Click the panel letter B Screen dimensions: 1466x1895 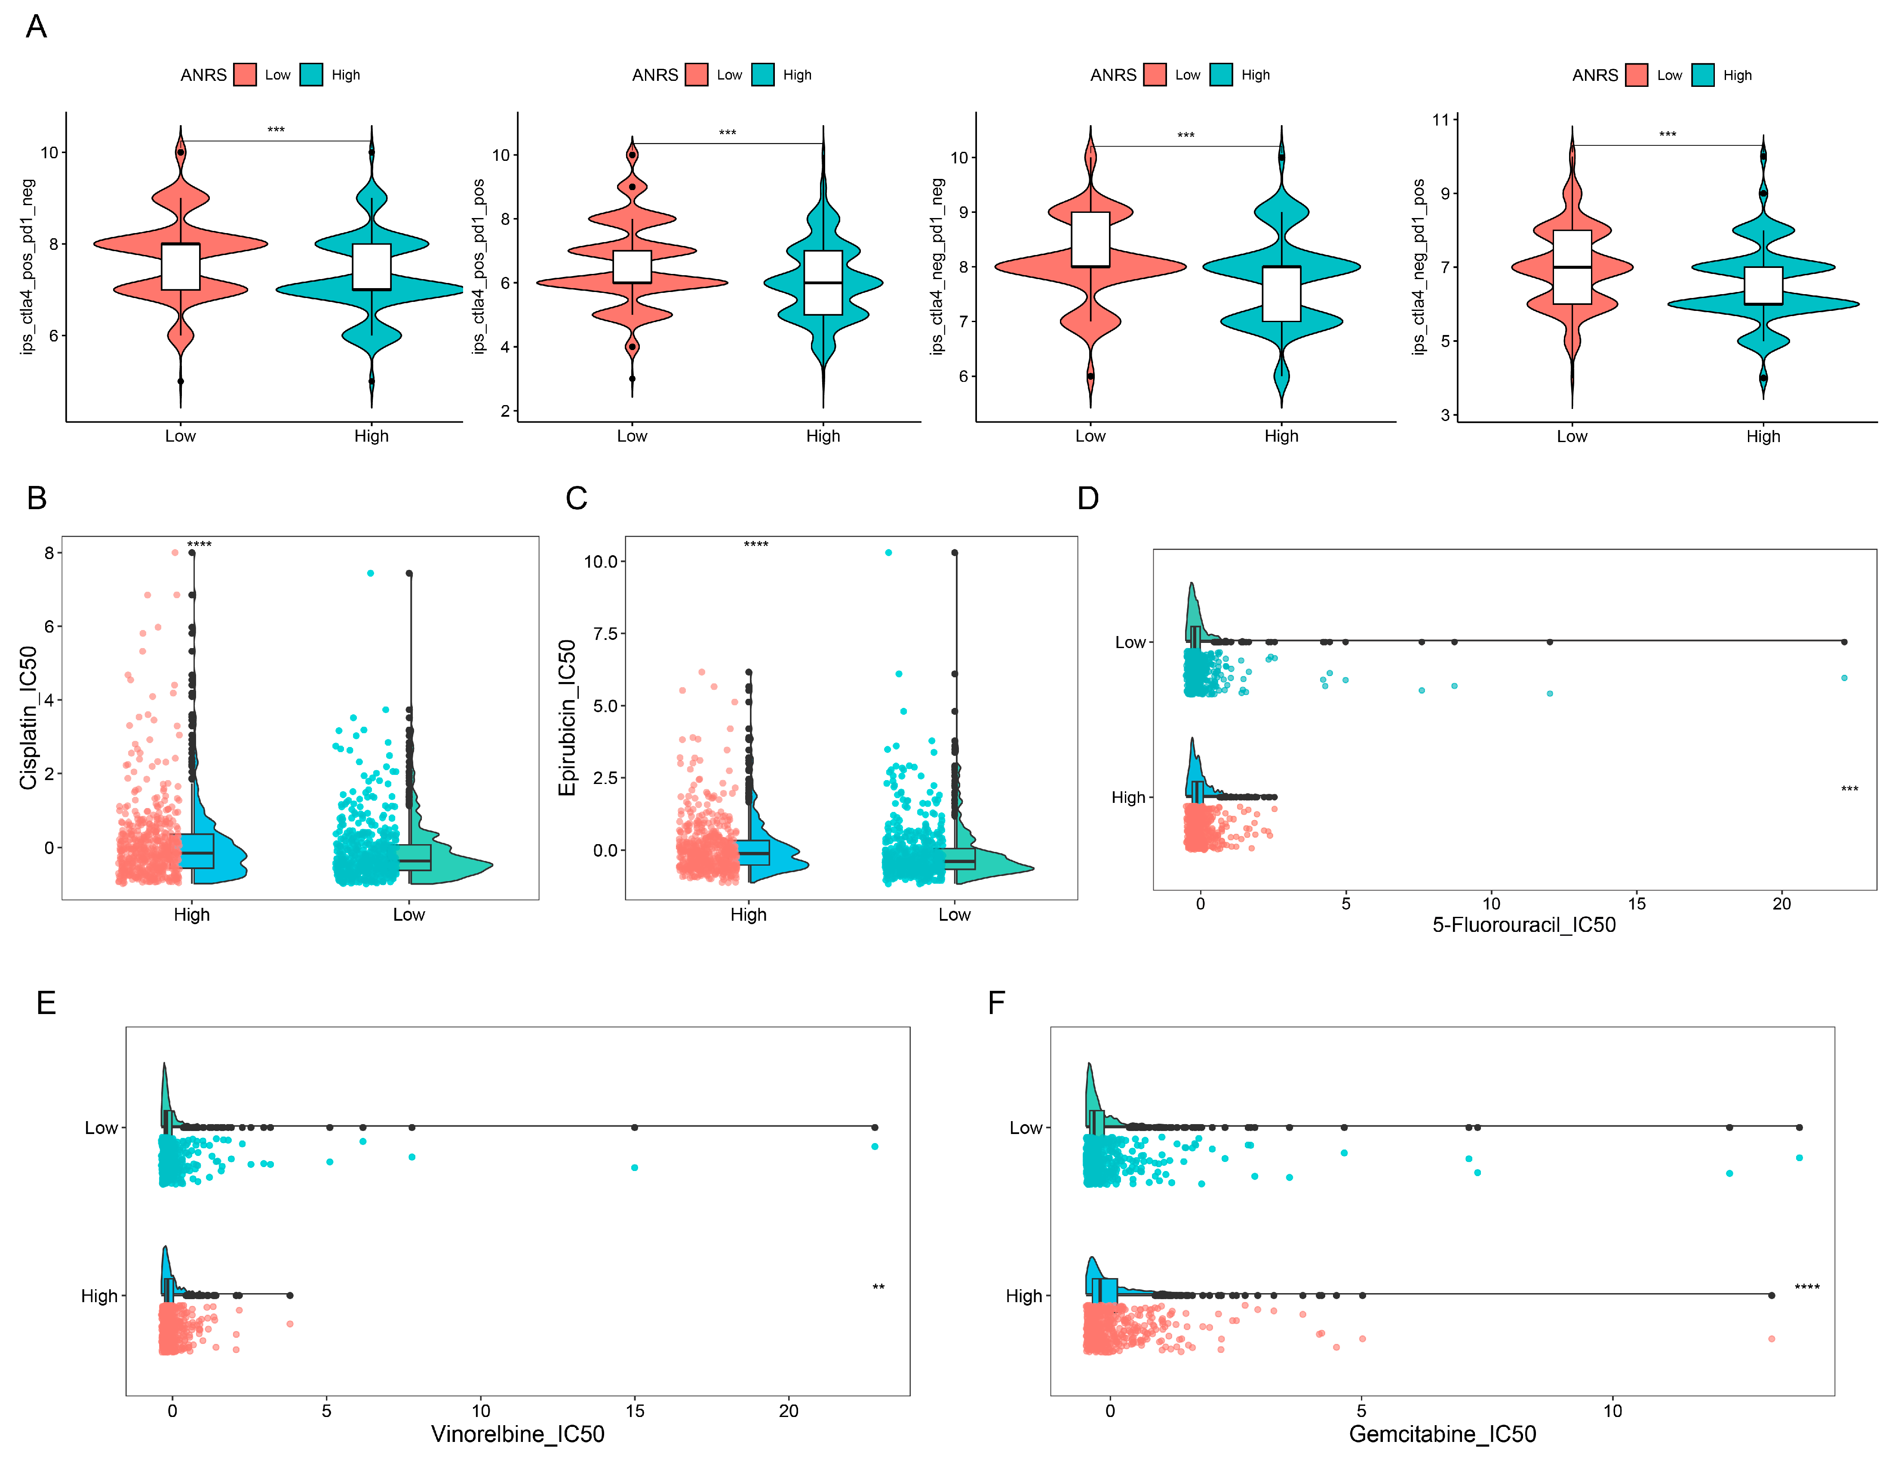(x=37, y=498)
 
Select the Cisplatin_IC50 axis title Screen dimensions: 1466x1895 (x=29, y=718)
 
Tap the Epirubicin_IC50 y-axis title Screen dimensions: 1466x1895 (x=568, y=718)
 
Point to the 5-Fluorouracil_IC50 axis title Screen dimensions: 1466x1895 (x=1523, y=925)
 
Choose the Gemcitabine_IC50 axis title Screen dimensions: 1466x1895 (x=1442, y=1434)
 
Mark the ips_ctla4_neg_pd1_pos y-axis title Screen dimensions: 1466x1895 (x=1419, y=267)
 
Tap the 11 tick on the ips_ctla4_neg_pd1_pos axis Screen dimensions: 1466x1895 (x=1440, y=120)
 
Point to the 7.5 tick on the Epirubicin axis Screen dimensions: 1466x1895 (x=605, y=633)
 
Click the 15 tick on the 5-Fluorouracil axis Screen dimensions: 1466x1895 (x=1637, y=904)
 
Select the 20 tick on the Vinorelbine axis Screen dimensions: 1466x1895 (x=789, y=1411)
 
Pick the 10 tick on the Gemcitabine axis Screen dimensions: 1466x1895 (x=1612, y=1411)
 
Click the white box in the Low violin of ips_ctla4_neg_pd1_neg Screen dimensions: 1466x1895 (x=1090, y=240)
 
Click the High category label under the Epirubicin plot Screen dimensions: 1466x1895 (x=748, y=915)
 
